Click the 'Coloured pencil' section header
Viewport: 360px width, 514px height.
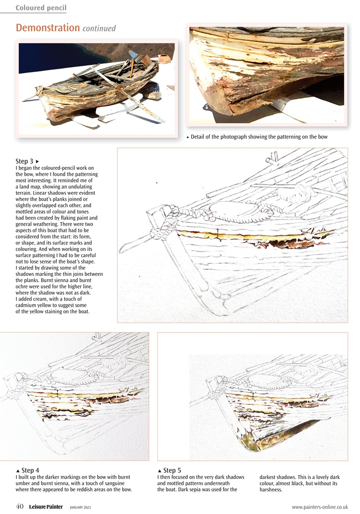(41, 8)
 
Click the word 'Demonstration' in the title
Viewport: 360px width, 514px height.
(48, 28)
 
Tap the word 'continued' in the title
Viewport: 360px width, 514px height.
(99, 29)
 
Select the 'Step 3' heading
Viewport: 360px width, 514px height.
(24, 161)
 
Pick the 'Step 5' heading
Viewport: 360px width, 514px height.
(172, 470)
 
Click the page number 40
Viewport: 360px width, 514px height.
(20, 507)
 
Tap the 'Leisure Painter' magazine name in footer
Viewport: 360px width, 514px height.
(46, 507)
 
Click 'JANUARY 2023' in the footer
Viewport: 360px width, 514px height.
(80, 508)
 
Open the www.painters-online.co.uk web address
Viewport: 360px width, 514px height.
(319, 507)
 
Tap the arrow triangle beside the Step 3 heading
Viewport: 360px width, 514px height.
(37, 161)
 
